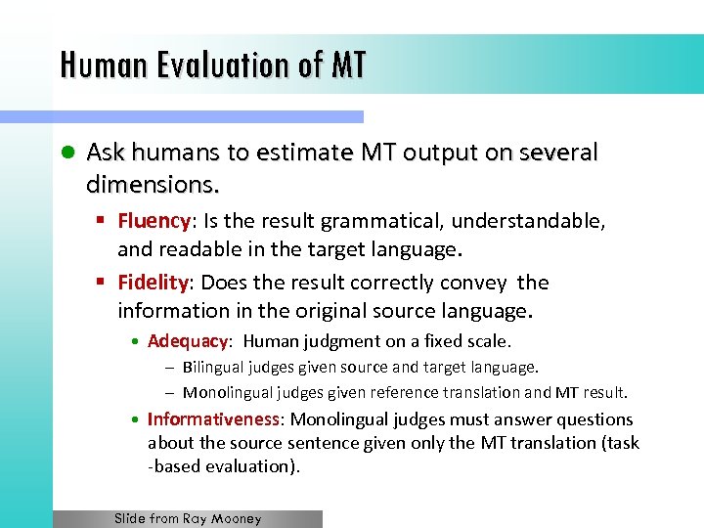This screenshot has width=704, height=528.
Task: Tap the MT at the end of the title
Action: pos(349,65)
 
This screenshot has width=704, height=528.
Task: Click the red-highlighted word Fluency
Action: pos(154,222)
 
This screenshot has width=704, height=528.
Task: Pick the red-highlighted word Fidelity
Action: pos(153,283)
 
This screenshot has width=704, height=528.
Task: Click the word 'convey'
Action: pos(470,283)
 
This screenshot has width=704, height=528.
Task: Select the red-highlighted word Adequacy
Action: pos(188,341)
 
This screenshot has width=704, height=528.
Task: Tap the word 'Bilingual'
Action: pos(212,368)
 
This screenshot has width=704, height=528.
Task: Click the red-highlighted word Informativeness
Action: pos(213,418)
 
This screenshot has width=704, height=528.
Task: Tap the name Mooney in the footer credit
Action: pos(238,519)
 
